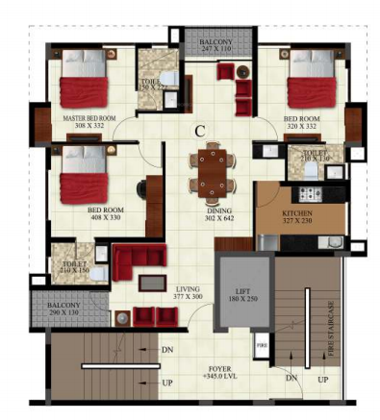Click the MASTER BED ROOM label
89,122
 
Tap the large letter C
199,129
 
